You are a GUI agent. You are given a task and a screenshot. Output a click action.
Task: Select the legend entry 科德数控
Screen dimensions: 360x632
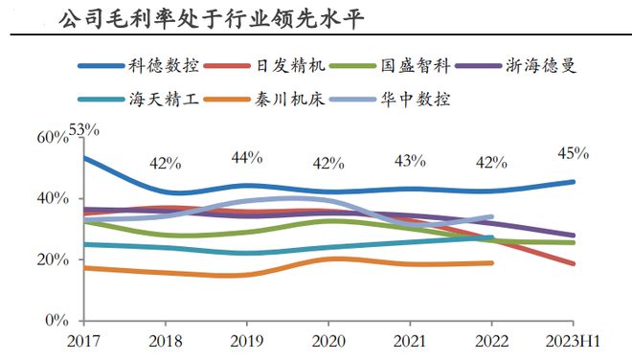pos(164,66)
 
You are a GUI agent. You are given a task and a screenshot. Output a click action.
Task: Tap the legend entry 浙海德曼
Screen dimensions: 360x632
pos(542,66)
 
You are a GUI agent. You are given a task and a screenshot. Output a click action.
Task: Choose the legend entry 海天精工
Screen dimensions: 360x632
pos(164,98)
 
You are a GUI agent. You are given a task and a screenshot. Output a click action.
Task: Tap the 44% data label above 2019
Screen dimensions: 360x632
pos(247,157)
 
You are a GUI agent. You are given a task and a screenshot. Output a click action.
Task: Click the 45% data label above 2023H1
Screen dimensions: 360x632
pos(573,153)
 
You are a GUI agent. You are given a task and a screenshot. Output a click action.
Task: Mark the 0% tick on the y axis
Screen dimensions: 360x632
pos(56,322)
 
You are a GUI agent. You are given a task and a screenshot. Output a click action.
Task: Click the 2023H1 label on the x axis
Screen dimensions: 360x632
pos(573,341)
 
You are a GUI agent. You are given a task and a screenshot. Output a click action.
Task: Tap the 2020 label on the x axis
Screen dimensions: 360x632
pos(328,341)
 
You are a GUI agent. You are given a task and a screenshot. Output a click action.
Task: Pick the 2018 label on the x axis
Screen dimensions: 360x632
pos(166,341)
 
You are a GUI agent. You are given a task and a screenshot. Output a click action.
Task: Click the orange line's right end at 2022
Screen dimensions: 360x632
pos(492,262)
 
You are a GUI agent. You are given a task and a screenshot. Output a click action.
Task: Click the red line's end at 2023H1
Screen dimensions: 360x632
pos(574,264)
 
